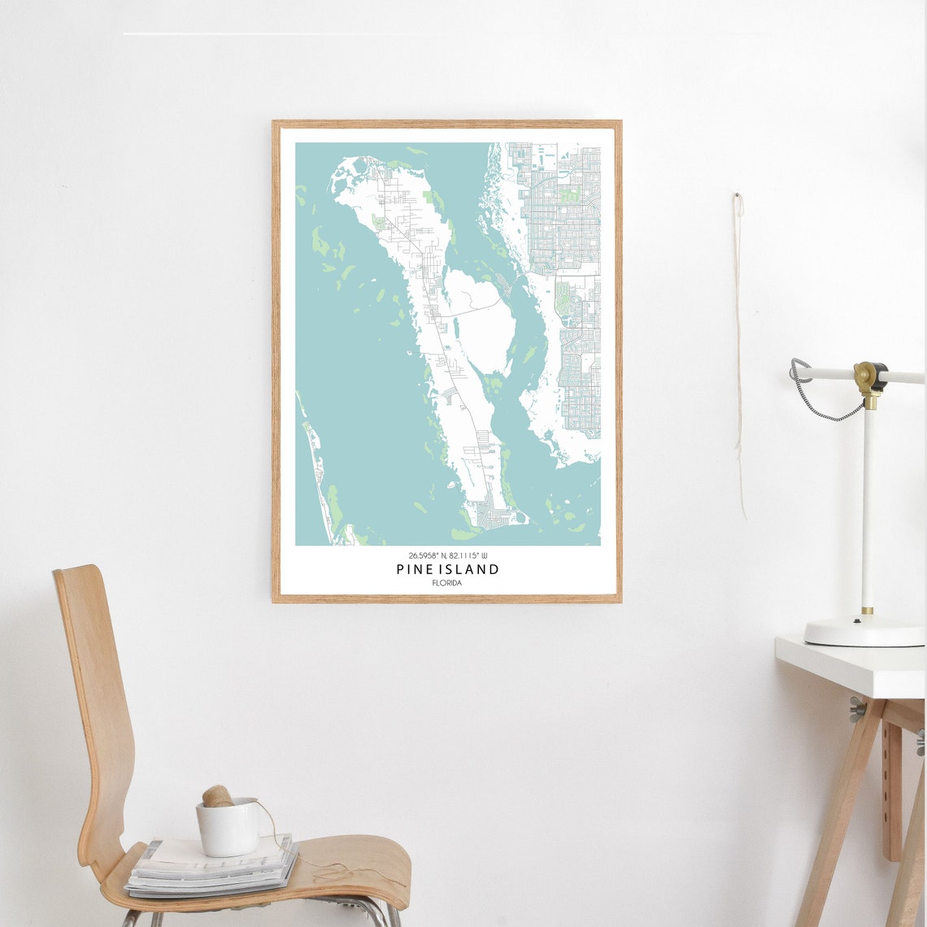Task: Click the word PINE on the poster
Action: pyautogui.click(x=412, y=569)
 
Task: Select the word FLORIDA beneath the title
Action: pyautogui.click(x=447, y=583)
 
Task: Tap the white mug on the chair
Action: pyautogui.click(x=228, y=829)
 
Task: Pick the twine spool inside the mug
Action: pyautogui.click(x=217, y=797)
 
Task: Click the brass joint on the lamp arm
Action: pyautogui.click(x=869, y=376)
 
